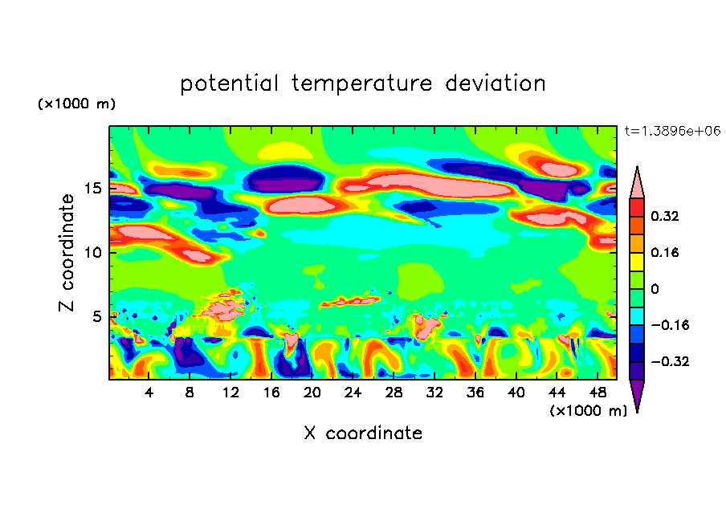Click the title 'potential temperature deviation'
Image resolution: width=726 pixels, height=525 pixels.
click(x=363, y=83)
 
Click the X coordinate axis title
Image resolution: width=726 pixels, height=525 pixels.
click(x=363, y=433)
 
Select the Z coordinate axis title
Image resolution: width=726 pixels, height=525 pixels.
click(x=67, y=252)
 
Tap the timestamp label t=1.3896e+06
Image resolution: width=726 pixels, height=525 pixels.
click(x=671, y=131)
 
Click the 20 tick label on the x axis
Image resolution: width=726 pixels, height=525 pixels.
click(x=312, y=393)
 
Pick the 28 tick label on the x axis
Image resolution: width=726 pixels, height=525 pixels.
click(x=394, y=393)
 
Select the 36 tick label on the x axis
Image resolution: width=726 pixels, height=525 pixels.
click(x=475, y=393)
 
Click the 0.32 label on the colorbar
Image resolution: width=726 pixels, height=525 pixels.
click(x=667, y=216)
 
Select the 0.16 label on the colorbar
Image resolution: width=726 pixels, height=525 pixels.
click(x=667, y=252)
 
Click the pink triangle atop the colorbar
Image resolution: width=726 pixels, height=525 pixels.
click(x=636, y=183)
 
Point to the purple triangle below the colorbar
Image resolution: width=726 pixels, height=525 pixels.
click(x=636, y=394)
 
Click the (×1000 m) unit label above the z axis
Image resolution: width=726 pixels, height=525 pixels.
click(x=76, y=104)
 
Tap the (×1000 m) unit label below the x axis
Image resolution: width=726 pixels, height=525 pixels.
click(x=588, y=410)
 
